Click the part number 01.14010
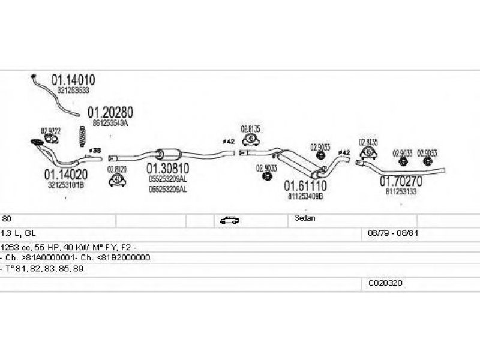pos(73,80)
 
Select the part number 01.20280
pos(110,112)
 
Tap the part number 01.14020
pos(65,175)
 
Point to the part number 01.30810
pos(167,170)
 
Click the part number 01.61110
pos(305,186)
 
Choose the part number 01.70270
pos(400,181)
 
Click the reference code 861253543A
pos(111,123)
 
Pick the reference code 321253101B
pos(65,185)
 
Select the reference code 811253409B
pos(305,196)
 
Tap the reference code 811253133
pos(401,192)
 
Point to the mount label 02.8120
pos(116,169)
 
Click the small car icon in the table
pos(229,220)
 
